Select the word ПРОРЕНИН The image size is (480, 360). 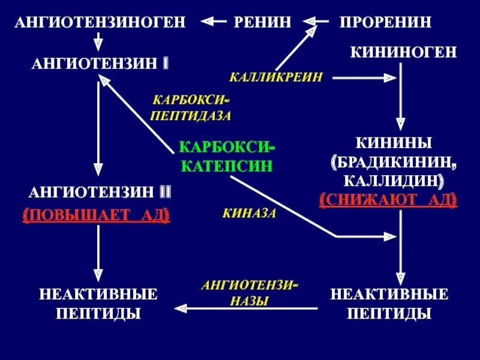point(385,22)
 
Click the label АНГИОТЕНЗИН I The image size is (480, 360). point(100,63)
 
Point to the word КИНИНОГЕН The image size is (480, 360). point(404,53)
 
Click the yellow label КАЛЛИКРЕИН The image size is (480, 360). point(276,77)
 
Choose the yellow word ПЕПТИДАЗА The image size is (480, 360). point(190,115)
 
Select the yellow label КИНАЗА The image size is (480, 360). point(249,213)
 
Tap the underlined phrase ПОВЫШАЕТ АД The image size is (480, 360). point(96,214)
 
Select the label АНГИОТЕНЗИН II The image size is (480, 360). point(101,192)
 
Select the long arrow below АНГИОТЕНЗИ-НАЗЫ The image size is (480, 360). point(246,308)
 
